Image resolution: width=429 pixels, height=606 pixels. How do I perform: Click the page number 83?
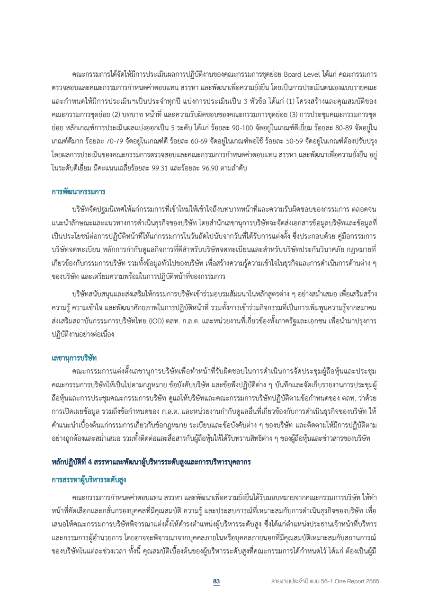(x=216, y=580)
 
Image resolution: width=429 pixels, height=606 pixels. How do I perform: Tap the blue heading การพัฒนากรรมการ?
(x=78, y=191)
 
